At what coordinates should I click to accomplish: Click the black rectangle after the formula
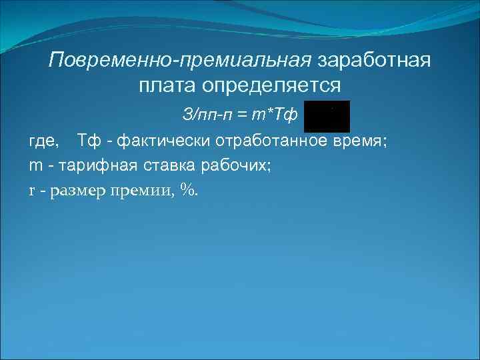tap(327, 117)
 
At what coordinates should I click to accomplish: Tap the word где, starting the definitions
tap(44, 141)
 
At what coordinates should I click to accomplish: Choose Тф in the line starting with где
tap(89, 141)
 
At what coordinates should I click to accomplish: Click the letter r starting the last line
tap(32, 190)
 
